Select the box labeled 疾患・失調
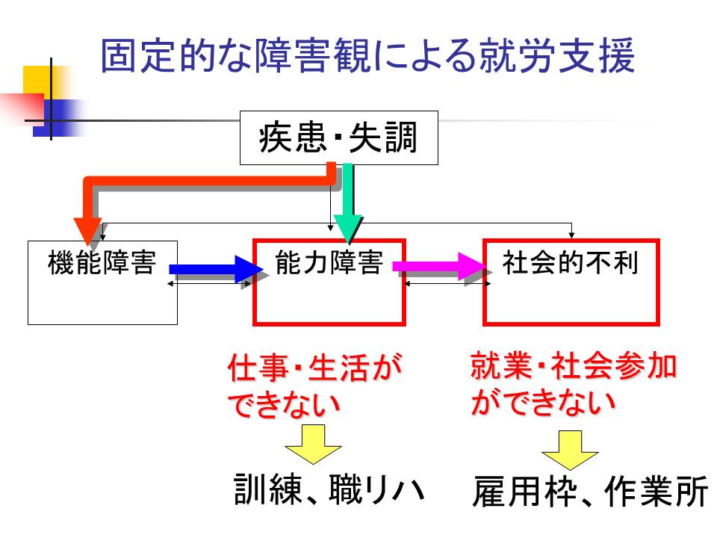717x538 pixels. [338, 138]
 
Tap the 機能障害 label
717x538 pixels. [102, 264]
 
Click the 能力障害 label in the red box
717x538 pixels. [329, 263]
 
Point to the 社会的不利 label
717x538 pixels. [571, 263]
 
